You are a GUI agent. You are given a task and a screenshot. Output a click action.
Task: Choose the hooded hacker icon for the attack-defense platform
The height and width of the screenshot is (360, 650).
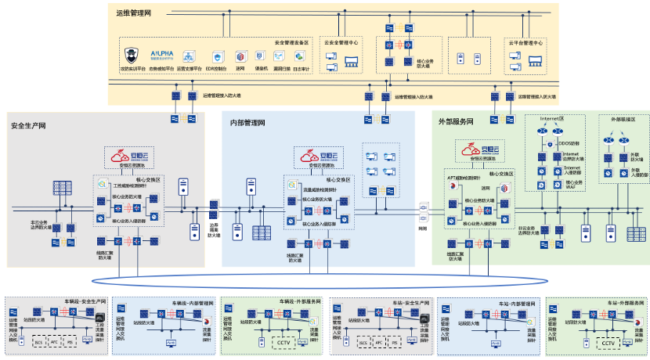(x=132, y=56)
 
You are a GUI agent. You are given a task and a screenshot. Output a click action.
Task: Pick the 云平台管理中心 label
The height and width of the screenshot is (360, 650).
(x=525, y=42)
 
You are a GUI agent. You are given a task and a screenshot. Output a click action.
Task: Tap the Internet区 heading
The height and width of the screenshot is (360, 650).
(x=552, y=118)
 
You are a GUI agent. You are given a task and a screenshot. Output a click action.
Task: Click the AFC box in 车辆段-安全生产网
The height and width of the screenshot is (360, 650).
(x=54, y=342)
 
